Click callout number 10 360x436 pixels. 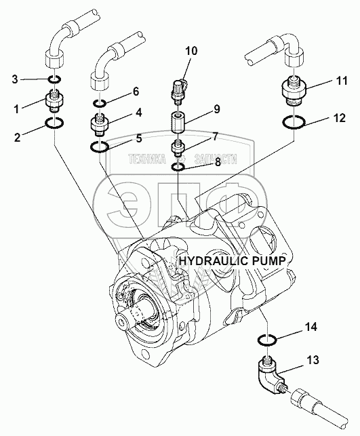tap(192, 52)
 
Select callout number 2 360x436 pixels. tap(18, 137)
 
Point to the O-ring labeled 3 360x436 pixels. tap(54, 80)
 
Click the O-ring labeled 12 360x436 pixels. tap(294, 122)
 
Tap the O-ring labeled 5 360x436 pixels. tap(99, 146)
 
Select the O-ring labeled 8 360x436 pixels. tap(178, 167)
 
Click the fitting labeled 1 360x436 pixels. tap(54, 100)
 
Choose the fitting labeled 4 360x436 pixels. tap(100, 125)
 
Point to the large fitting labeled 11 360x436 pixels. tap(294, 91)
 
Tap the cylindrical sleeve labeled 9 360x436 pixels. tap(178, 122)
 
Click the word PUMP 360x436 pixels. tap(269, 261)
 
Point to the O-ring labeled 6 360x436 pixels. tap(99, 104)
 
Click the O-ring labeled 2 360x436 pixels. tap(54, 123)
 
